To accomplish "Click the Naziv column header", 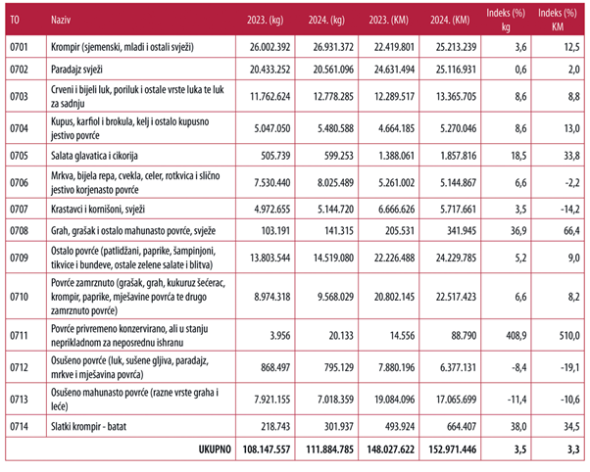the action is coord(61,20).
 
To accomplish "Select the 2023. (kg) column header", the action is coord(266,20).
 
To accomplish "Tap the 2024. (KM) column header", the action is coord(450,20).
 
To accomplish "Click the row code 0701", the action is coord(19,47).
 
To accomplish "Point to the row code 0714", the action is coord(19,427).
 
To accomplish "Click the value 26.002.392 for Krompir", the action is coord(270,47).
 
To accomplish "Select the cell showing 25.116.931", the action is coord(456,70).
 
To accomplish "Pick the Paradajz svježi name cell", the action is coord(76,70).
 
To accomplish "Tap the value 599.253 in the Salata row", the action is coord(339,156).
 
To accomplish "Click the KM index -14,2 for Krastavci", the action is coord(570,210).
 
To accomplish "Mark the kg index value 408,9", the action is coord(516,336).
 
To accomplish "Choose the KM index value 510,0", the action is coord(569,336).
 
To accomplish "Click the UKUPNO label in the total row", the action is coord(215,449).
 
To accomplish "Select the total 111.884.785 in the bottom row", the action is coord(329,449).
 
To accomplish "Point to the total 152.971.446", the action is coord(453,449).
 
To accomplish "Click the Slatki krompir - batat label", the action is coord(88,427).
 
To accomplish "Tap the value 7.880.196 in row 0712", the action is coord(397,367).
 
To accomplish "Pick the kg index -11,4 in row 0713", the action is coord(517,400).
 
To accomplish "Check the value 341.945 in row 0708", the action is coord(462,230).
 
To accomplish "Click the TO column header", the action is coord(15,20).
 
